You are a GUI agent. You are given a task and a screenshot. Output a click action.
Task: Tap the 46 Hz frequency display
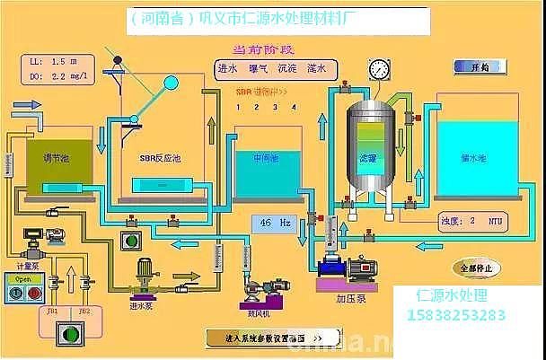277,221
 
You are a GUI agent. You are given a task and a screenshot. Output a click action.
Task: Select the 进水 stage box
229,68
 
